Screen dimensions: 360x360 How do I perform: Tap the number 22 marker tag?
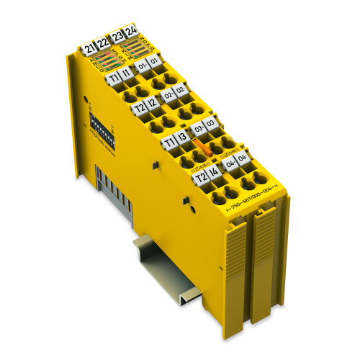102,45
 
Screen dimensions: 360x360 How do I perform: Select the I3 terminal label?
182,138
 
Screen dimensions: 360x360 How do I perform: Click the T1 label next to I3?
168,142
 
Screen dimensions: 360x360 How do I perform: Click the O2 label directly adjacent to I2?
168,96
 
